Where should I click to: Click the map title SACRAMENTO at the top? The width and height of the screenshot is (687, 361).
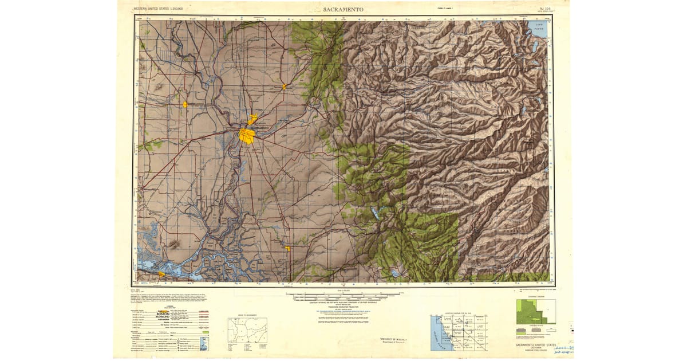pos(343,10)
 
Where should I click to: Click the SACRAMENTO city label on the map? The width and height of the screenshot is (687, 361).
pos(263,127)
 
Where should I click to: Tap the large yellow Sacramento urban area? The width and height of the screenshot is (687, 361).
pos(247,136)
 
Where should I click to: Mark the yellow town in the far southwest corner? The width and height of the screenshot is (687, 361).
pos(161,274)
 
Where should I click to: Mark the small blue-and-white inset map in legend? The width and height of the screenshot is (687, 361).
pos(204,344)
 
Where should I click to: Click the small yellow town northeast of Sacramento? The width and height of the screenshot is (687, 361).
pos(283,87)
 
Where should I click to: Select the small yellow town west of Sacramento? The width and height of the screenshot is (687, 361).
pos(185,105)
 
